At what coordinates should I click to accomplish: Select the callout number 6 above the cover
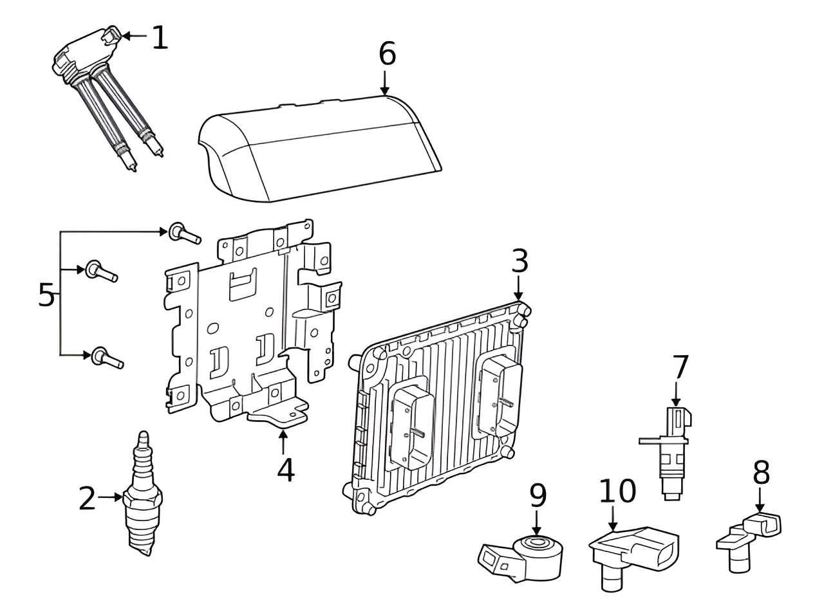tap(387, 54)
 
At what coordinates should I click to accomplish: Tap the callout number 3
tap(520, 261)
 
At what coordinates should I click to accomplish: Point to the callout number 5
tap(46, 295)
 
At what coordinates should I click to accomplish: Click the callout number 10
tap(617, 491)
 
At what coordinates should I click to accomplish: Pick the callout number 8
tap(761, 473)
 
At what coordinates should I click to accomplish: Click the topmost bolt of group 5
tap(183, 234)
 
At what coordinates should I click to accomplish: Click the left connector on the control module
tap(411, 426)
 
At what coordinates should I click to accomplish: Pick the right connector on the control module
tap(496, 397)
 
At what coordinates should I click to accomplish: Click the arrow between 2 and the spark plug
tap(111, 497)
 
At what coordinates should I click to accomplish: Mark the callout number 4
tap(285, 470)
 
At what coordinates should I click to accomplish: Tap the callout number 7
tap(680, 368)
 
